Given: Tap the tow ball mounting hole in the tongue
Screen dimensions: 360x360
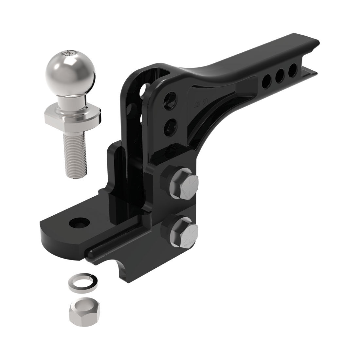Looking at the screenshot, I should [79, 223].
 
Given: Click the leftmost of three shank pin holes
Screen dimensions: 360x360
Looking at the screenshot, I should [267, 80].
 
